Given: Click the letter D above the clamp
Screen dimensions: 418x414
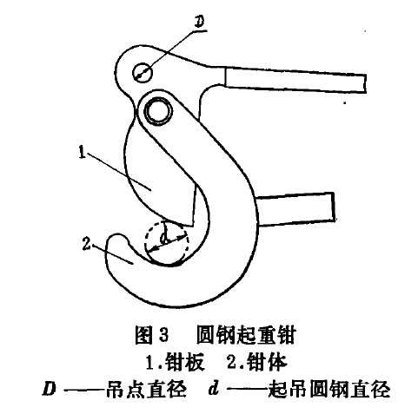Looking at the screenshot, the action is pyautogui.click(x=199, y=22).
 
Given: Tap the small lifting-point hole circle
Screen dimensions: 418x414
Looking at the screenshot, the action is pyautogui.click(x=143, y=72).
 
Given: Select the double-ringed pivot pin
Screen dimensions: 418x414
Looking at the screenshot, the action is pyautogui.click(x=158, y=111).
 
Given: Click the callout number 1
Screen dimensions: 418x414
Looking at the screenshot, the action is pyautogui.click(x=83, y=152).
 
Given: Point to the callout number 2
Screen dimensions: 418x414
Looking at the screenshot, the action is pyautogui.click(x=86, y=244).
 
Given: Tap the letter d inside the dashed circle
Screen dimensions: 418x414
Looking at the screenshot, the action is pyautogui.click(x=164, y=238).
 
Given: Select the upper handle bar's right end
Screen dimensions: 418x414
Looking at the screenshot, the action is pyautogui.click(x=364, y=83).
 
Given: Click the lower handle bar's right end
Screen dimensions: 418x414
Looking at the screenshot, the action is pyautogui.click(x=333, y=207).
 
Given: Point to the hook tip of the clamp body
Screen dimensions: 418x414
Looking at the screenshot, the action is pyautogui.click(x=116, y=237).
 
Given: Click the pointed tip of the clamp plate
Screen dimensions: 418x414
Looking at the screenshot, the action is pyautogui.click(x=192, y=227).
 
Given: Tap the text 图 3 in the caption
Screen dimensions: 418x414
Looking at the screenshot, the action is pyautogui.click(x=151, y=335).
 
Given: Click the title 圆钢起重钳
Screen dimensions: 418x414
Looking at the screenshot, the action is pyautogui.click(x=246, y=335).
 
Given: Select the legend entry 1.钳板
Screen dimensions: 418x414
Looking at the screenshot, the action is pyautogui.click(x=175, y=362).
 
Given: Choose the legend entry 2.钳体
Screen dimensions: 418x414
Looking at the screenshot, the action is pyautogui.click(x=256, y=362).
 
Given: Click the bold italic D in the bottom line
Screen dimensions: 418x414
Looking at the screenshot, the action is pyautogui.click(x=49, y=389).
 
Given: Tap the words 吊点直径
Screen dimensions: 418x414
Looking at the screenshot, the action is pyautogui.click(x=146, y=389).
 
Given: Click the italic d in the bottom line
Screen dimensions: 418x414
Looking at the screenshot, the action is pyautogui.click(x=214, y=388).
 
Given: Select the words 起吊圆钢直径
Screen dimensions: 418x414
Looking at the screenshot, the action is pyautogui.click(x=329, y=389).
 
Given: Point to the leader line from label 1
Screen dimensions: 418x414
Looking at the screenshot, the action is pyautogui.click(x=119, y=171).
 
